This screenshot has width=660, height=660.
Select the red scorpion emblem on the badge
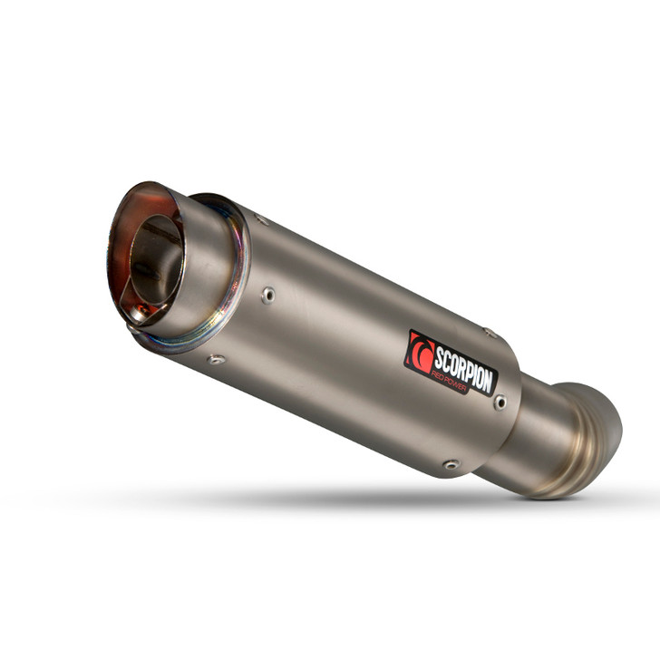click(x=420, y=351)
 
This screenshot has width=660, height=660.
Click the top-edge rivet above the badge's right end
click(x=490, y=333)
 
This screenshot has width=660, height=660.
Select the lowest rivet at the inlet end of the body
click(x=451, y=464)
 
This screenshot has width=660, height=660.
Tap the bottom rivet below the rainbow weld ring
click(x=215, y=360)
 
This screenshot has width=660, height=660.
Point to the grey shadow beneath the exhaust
click(x=363, y=499)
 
